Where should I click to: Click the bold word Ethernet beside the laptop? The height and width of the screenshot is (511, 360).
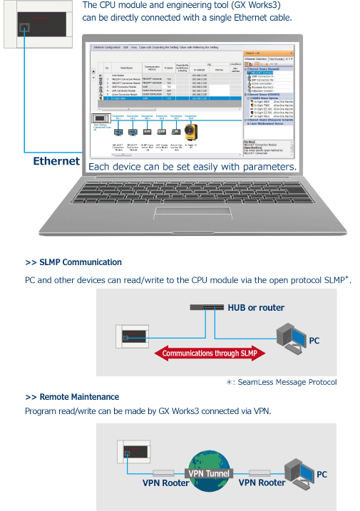pos(56,161)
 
